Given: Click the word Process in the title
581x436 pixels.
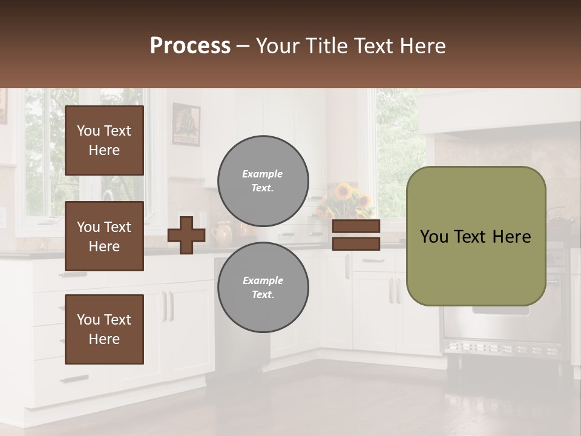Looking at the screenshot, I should [x=190, y=46].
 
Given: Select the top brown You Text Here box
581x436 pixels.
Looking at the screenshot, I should [x=104, y=140].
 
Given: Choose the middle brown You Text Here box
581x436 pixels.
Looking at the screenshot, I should [x=104, y=236].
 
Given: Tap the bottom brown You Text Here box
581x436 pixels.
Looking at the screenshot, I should [x=104, y=329].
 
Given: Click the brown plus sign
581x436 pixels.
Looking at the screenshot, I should [x=186, y=235].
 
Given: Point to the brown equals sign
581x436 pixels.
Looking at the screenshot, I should [x=356, y=235].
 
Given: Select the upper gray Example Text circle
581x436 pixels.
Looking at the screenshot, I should [x=263, y=180].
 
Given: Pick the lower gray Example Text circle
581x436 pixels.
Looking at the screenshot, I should [x=263, y=287].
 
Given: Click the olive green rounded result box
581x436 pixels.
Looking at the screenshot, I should [x=476, y=236].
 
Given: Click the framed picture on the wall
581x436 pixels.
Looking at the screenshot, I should [x=186, y=124].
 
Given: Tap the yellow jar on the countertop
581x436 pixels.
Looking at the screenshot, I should [x=223, y=233].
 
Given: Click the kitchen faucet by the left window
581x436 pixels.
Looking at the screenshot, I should [x=108, y=197].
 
